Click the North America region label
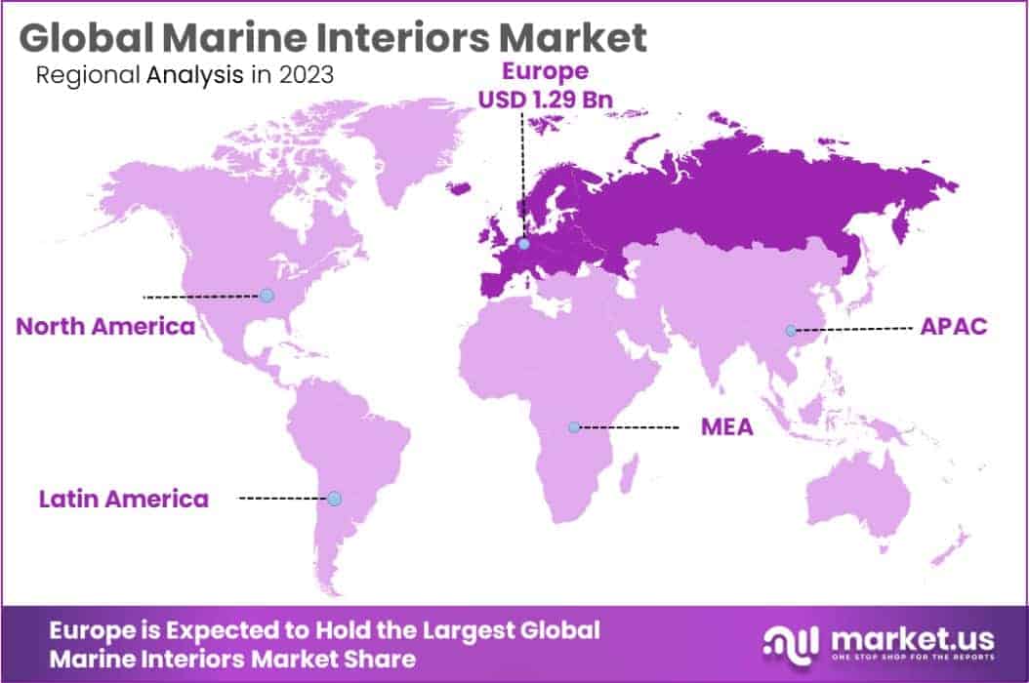click(x=105, y=326)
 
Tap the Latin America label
click(x=124, y=499)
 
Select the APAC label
click(x=954, y=326)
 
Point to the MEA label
click(x=727, y=426)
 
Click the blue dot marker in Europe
click(x=525, y=245)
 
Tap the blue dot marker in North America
click(x=266, y=295)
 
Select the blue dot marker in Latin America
click(x=334, y=499)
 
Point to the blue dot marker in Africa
click(x=574, y=427)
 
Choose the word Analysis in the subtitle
click(x=195, y=75)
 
